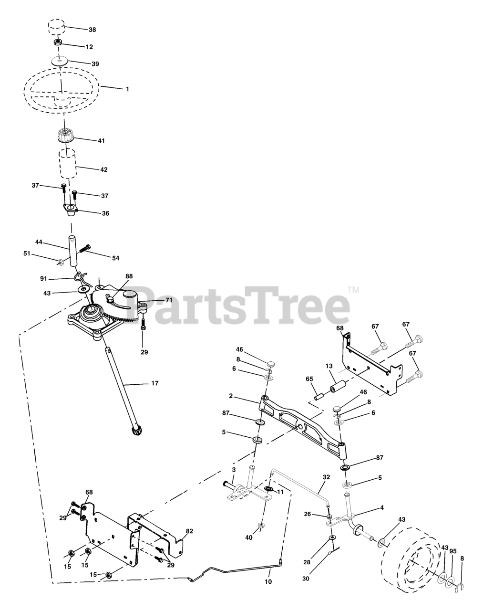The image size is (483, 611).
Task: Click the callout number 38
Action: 92,30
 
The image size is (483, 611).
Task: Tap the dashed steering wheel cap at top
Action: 56,27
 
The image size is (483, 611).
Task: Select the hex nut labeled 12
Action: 58,43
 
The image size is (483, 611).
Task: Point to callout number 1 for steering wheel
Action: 127,89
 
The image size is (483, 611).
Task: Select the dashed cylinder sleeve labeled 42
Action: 68,164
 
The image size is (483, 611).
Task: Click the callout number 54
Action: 115,258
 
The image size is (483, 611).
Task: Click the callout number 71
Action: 169,300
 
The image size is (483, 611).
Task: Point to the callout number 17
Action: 154,383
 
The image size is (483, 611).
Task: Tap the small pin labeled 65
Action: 319,396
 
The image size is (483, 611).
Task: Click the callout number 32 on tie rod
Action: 327,477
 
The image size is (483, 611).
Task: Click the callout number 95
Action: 453,551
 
